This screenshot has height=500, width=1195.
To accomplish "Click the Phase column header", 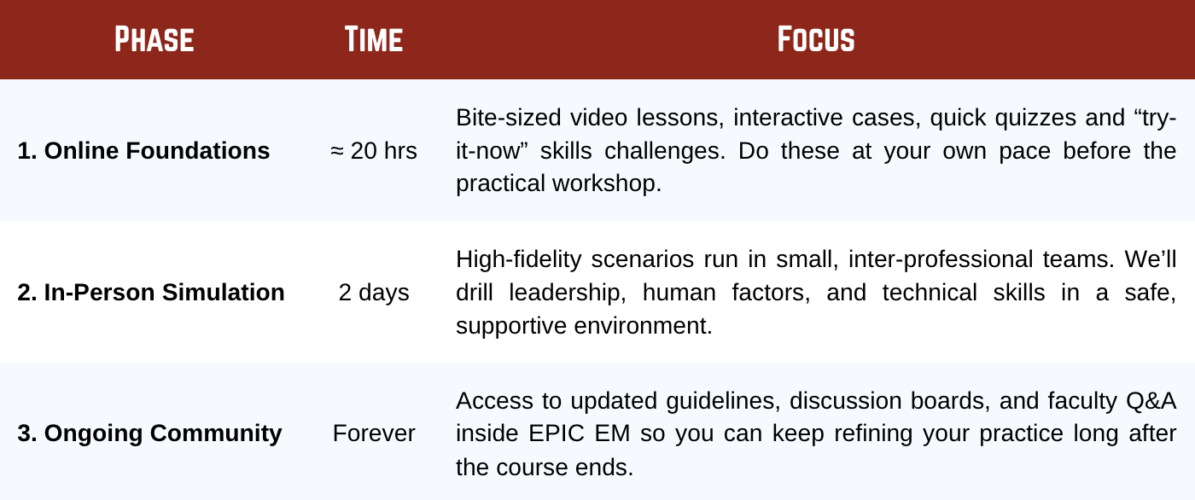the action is [x=154, y=39].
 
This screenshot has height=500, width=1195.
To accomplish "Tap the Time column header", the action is [x=374, y=39].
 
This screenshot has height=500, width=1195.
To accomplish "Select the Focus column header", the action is [x=816, y=39].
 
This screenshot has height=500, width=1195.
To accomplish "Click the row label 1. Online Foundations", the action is [x=143, y=151].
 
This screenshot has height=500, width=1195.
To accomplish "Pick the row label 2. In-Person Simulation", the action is [x=151, y=292].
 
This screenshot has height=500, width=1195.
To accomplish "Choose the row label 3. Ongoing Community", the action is [x=149, y=433].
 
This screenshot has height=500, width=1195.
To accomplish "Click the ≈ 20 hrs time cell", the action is [x=374, y=151].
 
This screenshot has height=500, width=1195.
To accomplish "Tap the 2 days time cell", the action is [x=374, y=293].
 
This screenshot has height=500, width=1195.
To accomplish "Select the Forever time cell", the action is [x=374, y=433].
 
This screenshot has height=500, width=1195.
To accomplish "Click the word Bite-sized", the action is [x=508, y=118].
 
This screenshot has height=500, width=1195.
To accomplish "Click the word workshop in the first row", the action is [x=607, y=183].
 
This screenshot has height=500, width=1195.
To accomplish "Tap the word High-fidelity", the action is [x=519, y=259].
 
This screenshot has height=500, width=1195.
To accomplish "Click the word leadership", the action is [x=567, y=293].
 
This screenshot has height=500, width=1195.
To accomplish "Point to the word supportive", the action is [x=511, y=326].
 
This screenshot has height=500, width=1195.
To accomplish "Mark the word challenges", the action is [x=665, y=151].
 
